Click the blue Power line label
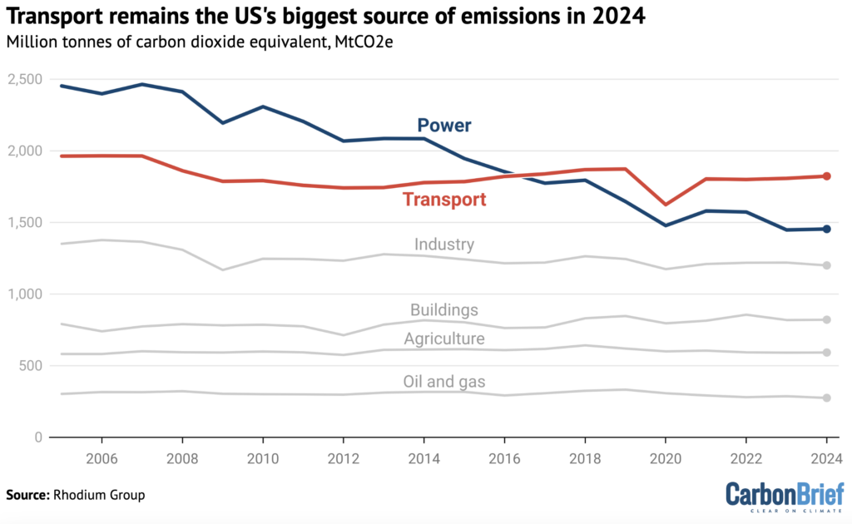click(x=444, y=126)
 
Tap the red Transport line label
click(x=444, y=200)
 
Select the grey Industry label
click(x=444, y=245)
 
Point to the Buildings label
click(x=444, y=310)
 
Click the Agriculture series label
click(x=444, y=339)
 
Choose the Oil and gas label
click(x=444, y=382)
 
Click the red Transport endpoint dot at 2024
click(x=826, y=176)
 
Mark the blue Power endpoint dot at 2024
click(x=826, y=229)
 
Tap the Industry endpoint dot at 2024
click(x=826, y=265)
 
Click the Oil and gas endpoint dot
click(x=826, y=398)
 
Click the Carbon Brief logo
click(x=785, y=494)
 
